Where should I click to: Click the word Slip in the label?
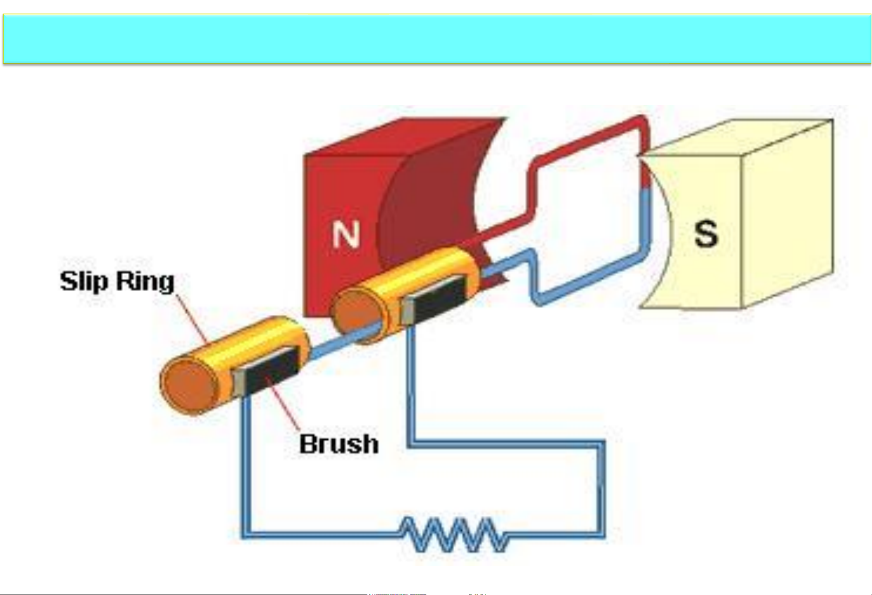[84, 282]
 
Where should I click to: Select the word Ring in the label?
[145, 282]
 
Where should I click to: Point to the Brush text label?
[339, 444]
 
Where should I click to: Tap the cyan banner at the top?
[436, 39]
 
